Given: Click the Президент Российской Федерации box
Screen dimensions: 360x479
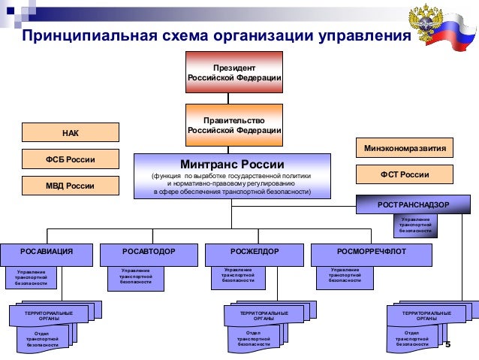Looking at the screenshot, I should [234, 72].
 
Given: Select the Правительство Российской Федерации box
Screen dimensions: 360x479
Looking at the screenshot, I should [234, 125].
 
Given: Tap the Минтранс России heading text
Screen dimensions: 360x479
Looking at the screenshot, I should [232, 165].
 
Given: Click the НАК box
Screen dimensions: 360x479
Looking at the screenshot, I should [70, 133].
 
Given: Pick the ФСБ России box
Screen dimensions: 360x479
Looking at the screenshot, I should [70, 159].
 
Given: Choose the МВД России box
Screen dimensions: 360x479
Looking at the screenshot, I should [70, 186].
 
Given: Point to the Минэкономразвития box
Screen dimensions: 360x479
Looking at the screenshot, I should [405, 149].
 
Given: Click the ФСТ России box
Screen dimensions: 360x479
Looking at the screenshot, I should [405, 175].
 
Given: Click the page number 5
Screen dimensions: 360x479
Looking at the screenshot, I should [447, 345].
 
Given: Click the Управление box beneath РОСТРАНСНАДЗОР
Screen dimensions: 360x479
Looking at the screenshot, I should [415, 225].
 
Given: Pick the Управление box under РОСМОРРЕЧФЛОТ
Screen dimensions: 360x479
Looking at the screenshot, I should [344, 275].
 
